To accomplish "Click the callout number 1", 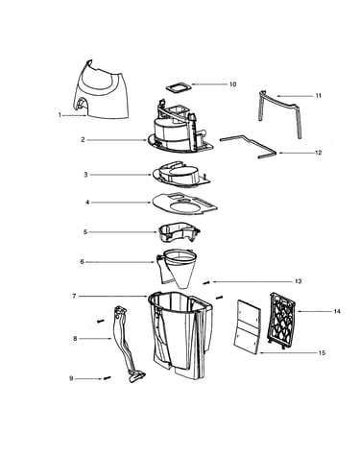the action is [60, 115].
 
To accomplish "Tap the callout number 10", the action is [232, 84].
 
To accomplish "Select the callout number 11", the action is [318, 96].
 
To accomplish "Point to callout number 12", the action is [318, 153].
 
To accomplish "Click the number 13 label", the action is [298, 281].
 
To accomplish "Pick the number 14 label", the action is [337, 311].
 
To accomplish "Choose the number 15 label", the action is [322, 353].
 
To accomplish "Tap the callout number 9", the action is [71, 378].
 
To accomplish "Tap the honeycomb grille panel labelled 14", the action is [281, 321].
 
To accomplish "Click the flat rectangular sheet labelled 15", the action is [247, 327].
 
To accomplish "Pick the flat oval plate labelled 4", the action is [184, 204].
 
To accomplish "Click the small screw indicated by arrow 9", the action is [107, 378].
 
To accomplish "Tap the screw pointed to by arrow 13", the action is [206, 282].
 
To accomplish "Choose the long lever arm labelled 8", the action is [127, 344].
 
